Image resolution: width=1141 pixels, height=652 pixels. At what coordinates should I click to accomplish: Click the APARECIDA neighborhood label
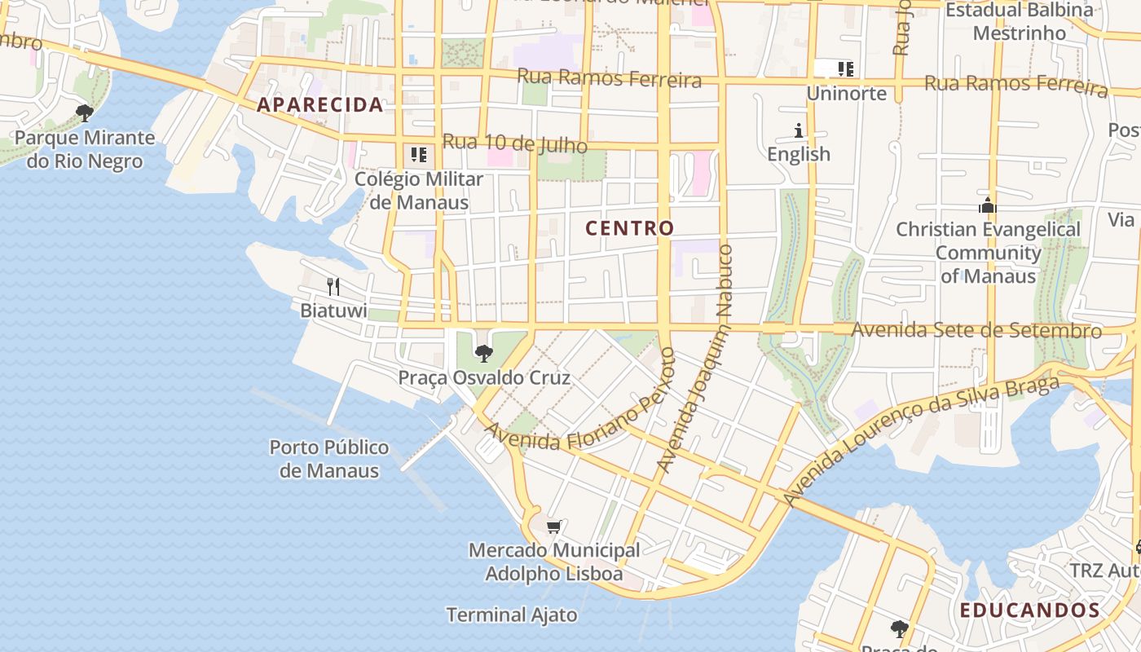[x=319, y=104]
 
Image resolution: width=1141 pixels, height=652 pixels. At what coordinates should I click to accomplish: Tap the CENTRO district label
[x=630, y=228]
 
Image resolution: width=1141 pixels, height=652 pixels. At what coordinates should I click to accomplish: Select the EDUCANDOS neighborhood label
[x=1029, y=610]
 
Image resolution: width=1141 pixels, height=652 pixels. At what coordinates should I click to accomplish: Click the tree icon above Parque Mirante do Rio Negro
[x=84, y=113]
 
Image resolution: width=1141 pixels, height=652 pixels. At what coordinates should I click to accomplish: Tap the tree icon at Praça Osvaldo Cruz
[x=483, y=354]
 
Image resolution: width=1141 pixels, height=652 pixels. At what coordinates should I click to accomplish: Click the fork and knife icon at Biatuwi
[x=333, y=286]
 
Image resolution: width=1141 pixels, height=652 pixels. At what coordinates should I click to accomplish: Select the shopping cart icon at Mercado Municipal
[x=554, y=527]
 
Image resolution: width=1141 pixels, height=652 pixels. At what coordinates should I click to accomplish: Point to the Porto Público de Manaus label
[x=329, y=459]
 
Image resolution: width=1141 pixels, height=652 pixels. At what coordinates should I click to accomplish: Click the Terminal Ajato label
[x=512, y=615]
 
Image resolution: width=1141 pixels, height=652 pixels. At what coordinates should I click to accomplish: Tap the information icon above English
[x=799, y=130]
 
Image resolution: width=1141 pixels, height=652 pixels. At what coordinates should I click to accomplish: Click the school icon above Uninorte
[x=846, y=69]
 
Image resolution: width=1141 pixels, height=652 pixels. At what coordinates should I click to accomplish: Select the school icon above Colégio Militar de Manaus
[x=419, y=154]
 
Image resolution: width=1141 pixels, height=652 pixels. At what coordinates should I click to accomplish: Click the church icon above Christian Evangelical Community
[x=988, y=205]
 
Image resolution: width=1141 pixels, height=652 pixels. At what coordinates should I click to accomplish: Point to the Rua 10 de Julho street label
[x=514, y=143]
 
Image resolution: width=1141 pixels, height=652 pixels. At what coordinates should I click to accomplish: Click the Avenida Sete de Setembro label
[x=976, y=330]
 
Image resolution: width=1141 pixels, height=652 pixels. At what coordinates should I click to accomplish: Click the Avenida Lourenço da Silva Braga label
[x=921, y=440]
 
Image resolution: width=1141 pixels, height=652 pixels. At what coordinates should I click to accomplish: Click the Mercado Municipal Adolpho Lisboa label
[x=554, y=562]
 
